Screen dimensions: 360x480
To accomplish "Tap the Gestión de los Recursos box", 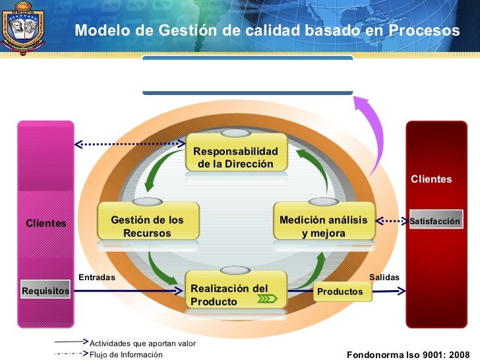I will click(x=147, y=226).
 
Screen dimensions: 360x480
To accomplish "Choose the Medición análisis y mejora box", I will click(x=323, y=226).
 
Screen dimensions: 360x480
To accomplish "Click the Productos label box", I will click(x=340, y=291).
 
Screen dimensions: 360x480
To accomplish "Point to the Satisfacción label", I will click(x=435, y=221).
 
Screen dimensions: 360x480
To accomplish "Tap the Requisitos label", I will click(x=45, y=290).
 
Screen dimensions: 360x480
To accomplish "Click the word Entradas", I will click(x=96, y=278).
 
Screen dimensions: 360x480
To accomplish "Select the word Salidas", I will click(x=384, y=278).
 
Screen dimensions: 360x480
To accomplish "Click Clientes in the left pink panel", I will click(x=45, y=224).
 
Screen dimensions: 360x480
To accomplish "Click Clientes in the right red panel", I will click(x=431, y=179).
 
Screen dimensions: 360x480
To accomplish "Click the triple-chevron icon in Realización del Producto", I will click(x=266, y=299).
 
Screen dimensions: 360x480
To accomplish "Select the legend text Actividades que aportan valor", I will click(x=142, y=344).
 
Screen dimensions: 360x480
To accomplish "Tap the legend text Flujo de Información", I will click(x=125, y=355).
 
